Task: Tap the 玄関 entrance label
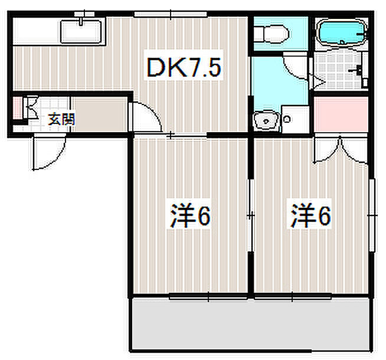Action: (61, 119)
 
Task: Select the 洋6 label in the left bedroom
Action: (190, 217)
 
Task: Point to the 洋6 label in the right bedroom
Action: (310, 217)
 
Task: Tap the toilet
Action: (271, 34)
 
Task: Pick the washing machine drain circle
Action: (287, 119)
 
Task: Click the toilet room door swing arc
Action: (296, 66)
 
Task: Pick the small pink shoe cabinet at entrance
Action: (17, 109)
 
